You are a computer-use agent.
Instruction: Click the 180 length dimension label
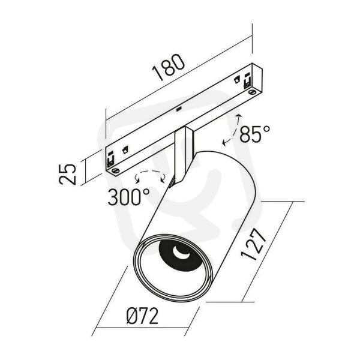point(169,67)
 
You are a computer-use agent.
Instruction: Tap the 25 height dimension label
point(67,174)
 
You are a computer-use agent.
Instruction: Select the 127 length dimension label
point(254,244)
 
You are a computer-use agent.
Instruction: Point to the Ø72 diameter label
point(142,316)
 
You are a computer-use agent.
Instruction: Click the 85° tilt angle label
point(255,134)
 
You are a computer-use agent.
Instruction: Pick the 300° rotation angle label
point(129,197)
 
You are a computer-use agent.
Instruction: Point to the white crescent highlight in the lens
point(181,253)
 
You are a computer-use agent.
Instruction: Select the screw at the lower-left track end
point(115,170)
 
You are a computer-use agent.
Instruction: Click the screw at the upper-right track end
point(253,92)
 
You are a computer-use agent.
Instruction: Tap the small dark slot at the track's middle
point(179,109)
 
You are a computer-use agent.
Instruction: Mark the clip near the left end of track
point(125,149)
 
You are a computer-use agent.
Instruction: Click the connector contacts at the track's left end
point(110,159)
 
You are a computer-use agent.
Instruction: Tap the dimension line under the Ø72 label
point(142,328)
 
